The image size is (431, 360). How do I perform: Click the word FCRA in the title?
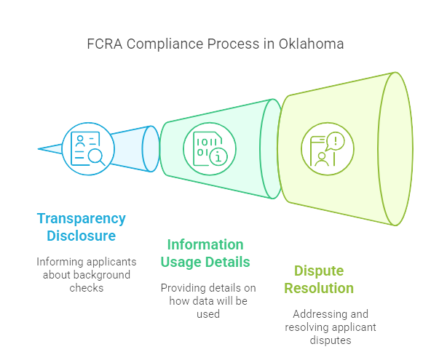point(104,44)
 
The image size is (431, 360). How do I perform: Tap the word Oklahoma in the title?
point(311,44)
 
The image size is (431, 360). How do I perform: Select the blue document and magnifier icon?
point(88,149)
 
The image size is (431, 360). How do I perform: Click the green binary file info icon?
point(210,149)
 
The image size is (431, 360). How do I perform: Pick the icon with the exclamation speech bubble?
point(328,149)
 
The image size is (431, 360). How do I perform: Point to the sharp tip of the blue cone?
point(38,149)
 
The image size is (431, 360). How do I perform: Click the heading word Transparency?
point(82,219)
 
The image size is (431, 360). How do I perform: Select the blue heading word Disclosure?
point(82,236)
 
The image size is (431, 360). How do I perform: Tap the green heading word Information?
point(205,244)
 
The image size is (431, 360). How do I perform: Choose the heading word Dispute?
point(319,271)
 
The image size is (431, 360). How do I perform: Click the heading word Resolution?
point(319,288)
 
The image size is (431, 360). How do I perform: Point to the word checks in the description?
point(87,288)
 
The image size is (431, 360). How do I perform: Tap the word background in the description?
point(102,275)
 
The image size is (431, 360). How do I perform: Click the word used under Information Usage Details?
point(208,314)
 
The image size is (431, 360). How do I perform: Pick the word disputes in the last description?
point(331,340)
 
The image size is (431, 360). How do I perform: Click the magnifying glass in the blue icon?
point(97,158)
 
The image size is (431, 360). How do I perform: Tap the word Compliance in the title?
point(165,44)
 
